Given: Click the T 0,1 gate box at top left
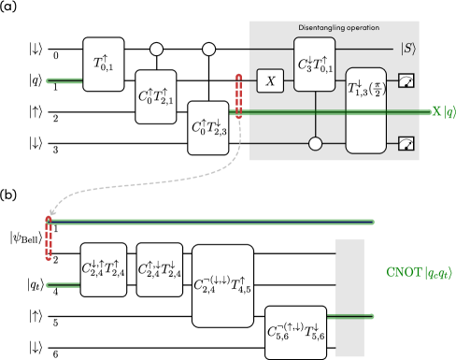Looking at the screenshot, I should click(x=103, y=65).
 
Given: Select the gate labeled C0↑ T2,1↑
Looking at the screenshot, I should click(x=155, y=97).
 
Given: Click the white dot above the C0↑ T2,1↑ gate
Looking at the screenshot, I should click(x=156, y=49).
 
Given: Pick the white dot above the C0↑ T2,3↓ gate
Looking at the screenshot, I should click(x=209, y=49).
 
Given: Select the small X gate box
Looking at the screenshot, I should click(x=270, y=82).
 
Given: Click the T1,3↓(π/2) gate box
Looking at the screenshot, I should click(x=364, y=111).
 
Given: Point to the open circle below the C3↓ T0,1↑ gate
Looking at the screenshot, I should click(x=316, y=144).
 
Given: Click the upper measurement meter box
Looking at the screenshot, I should click(x=406, y=82).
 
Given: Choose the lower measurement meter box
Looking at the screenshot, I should click(x=406, y=144).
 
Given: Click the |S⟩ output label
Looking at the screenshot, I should click(x=408, y=45).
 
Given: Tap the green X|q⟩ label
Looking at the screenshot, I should click(x=442, y=111).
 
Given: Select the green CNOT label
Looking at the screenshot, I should click(x=419, y=273).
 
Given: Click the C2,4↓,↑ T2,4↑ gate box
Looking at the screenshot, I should click(x=103, y=270).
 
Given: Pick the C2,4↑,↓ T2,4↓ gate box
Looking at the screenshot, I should click(x=159, y=270).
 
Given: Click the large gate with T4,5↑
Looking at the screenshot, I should click(x=222, y=286).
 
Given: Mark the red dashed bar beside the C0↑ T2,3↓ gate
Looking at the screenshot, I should click(x=238, y=96).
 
